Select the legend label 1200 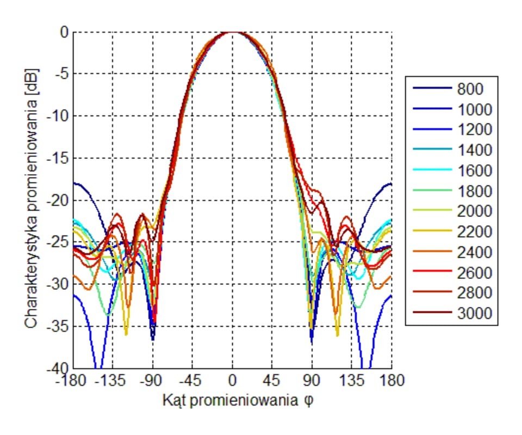coord(474,130)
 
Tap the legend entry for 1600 coord(474,171)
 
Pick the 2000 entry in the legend coord(474,212)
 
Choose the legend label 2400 coord(474,252)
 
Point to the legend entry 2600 coord(474,272)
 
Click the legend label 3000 coord(474,314)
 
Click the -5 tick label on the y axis coord(60,74)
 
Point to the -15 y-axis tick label coord(57,159)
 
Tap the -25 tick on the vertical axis coord(57,243)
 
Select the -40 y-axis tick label coord(57,369)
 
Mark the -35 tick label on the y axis coord(57,327)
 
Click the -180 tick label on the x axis coord(74,380)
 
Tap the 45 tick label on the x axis coord(272,380)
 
